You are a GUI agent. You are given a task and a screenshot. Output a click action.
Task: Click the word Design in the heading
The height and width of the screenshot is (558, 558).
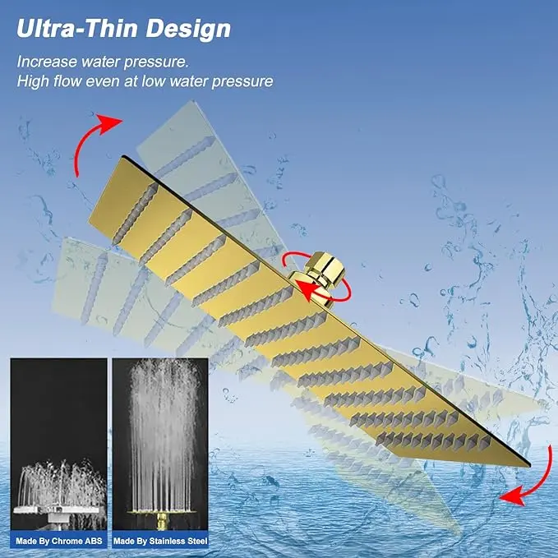[x=189, y=30]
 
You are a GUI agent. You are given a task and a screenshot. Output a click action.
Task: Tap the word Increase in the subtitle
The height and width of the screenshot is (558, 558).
[x=47, y=62]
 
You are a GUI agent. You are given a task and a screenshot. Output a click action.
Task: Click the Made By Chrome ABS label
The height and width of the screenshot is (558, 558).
[x=58, y=542]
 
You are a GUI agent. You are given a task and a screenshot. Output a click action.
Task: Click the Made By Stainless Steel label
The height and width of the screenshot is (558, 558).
[x=160, y=542]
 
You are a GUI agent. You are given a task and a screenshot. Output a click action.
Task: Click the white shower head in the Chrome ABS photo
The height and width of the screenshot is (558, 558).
[x=56, y=512]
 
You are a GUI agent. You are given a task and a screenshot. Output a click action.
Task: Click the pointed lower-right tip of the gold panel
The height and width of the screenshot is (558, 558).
[x=529, y=465]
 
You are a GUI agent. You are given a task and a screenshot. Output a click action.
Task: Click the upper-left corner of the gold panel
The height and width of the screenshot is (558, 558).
[x=122, y=157]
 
